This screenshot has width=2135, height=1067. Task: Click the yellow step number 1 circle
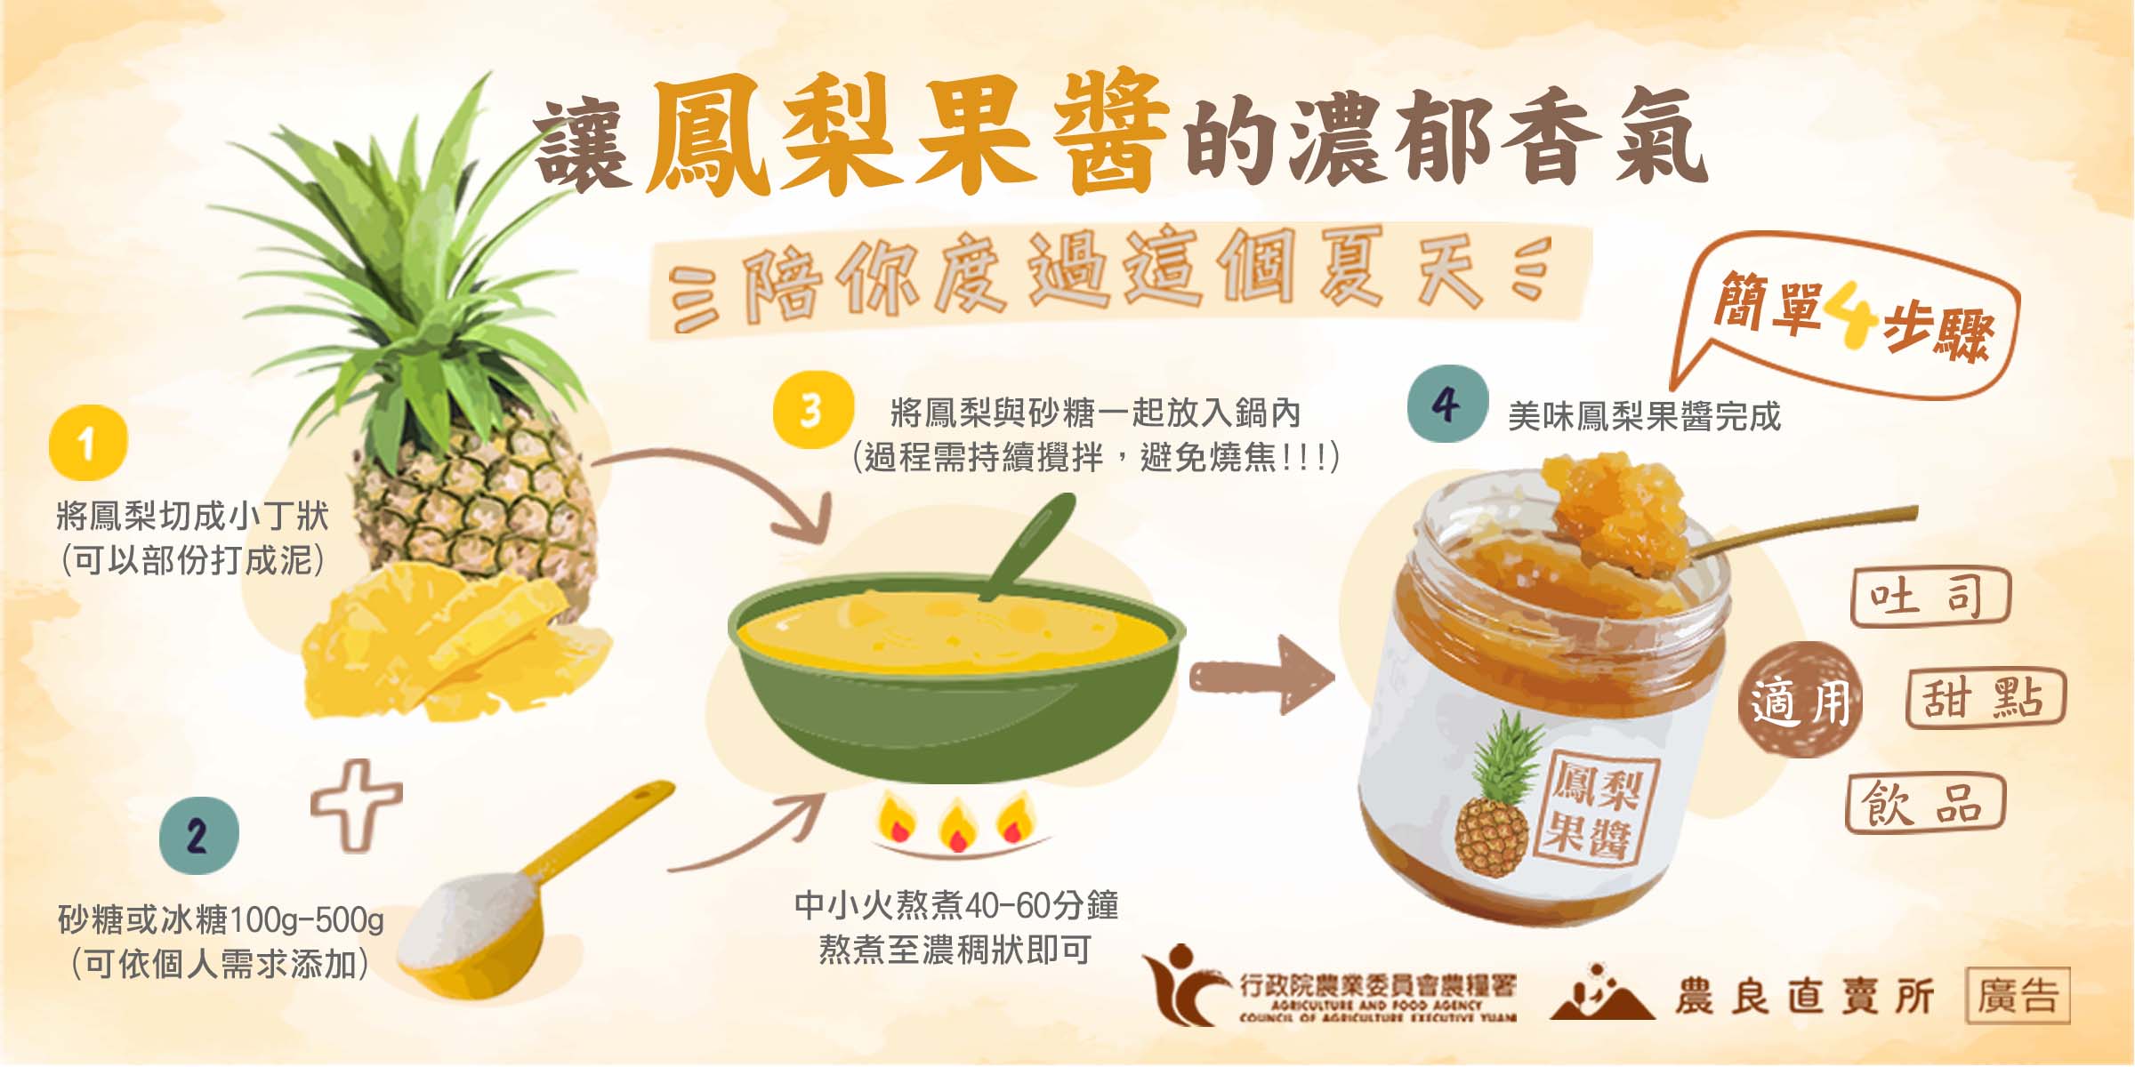coord(88,443)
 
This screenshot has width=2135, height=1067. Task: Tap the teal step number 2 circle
coord(199,836)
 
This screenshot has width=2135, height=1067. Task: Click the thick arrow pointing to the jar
coord(1263,675)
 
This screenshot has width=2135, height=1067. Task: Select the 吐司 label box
coord(1930,597)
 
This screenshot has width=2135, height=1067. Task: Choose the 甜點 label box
coord(1986,698)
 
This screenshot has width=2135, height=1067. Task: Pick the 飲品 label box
coord(1925,803)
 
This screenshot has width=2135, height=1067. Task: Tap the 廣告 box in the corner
coord(2018,995)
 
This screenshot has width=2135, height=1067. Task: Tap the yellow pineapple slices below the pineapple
coord(454,645)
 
